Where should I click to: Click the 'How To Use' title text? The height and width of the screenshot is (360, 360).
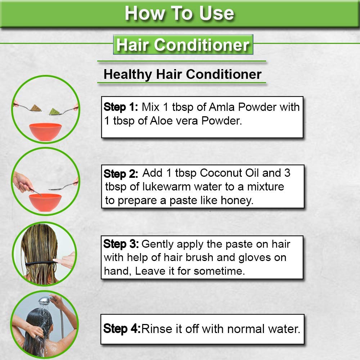[179, 13]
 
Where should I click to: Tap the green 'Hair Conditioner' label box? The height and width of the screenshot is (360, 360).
[183, 45]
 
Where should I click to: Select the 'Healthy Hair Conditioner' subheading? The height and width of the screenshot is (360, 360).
[182, 74]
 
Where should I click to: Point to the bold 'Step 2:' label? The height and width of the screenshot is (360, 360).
[121, 174]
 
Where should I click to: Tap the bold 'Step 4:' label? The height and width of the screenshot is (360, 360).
[122, 329]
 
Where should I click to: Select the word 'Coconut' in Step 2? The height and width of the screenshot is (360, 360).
[220, 173]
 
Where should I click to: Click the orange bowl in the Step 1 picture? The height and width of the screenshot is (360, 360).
[45, 132]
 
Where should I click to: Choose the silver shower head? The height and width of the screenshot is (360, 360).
[44, 301]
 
